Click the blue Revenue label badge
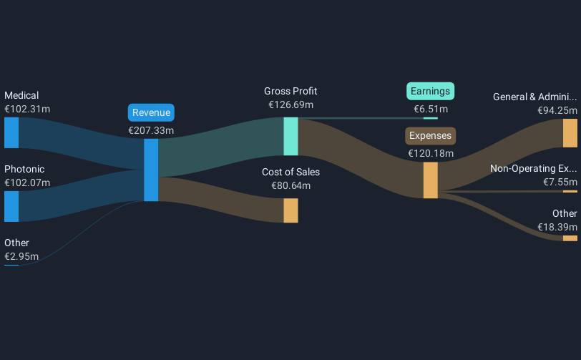(151, 112)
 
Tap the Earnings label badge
(431, 91)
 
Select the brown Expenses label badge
(431, 135)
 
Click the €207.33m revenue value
(151, 131)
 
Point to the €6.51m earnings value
(431, 110)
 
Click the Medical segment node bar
(11, 132)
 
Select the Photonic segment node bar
(11, 206)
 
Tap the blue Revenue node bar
(151, 170)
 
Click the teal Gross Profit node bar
(290, 136)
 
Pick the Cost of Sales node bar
(290, 210)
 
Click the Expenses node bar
(430, 180)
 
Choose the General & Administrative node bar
(570, 133)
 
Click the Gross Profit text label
(290, 91)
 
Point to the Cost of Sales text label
(290, 172)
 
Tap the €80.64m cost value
(290, 185)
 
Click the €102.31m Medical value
(27, 110)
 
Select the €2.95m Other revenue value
(21, 256)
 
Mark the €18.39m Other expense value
(557, 227)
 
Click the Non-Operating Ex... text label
(533, 169)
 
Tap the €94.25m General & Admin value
(557, 110)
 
